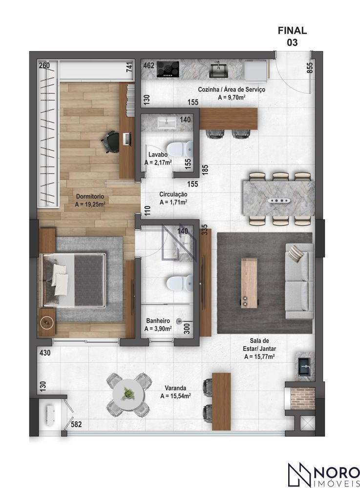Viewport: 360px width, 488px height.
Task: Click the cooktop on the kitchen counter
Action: [168, 69]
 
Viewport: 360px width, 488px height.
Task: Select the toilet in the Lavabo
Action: [180, 149]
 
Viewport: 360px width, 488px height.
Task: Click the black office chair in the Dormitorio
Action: [110, 142]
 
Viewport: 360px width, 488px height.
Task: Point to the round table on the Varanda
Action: [128, 395]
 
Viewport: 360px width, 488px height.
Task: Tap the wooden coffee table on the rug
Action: [249, 283]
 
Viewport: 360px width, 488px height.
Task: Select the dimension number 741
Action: [129, 67]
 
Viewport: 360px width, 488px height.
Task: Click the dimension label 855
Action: [310, 67]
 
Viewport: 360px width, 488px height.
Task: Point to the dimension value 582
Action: [76, 424]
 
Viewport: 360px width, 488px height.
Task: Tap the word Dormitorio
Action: [90, 197]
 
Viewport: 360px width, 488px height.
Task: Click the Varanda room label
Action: [175, 388]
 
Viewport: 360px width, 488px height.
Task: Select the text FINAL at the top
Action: [292, 30]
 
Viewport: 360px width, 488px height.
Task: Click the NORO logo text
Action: [337, 472]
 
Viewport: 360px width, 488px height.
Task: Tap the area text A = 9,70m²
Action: [232, 98]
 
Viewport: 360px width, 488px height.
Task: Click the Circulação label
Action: [173, 194]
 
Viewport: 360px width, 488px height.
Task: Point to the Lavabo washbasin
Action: [167, 123]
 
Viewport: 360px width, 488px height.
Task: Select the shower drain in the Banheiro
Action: [179, 321]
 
